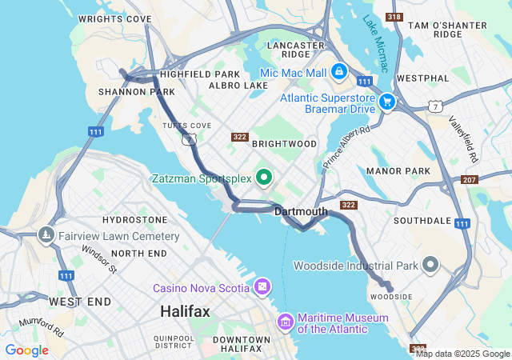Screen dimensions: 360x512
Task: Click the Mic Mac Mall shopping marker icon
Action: (x=339, y=72)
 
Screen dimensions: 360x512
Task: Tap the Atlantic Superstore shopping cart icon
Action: (x=387, y=102)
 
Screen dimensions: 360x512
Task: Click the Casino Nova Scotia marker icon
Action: (x=262, y=287)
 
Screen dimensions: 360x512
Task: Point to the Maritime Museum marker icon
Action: (x=285, y=322)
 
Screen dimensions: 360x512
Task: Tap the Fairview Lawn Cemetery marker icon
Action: (x=45, y=236)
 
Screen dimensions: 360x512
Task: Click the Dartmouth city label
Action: (x=301, y=212)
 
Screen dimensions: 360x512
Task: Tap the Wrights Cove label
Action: (x=115, y=18)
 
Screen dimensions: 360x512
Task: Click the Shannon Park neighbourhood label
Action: (x=126, y=92)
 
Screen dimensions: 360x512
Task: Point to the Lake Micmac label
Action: (x=374, y=44)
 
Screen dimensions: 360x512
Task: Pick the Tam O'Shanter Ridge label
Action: (x=447, y=30)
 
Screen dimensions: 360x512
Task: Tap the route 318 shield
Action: (x=393, y=17)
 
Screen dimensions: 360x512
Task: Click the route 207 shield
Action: (x=470, y=180)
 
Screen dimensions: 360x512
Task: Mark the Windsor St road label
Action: (x=99, y=258)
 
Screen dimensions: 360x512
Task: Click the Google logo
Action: (x=26, y=350)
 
